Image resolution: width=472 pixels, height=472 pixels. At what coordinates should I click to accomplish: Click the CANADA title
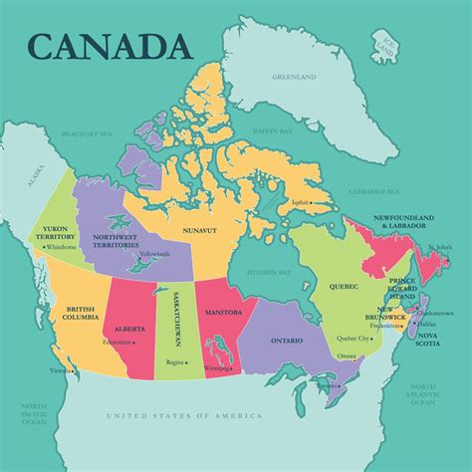111,46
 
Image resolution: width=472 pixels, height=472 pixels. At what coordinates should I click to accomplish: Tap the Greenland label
295,77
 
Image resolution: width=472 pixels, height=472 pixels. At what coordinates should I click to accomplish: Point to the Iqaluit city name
299,202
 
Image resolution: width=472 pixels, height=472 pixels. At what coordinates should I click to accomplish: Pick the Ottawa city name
347,355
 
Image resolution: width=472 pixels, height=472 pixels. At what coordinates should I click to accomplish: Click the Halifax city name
428,324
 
